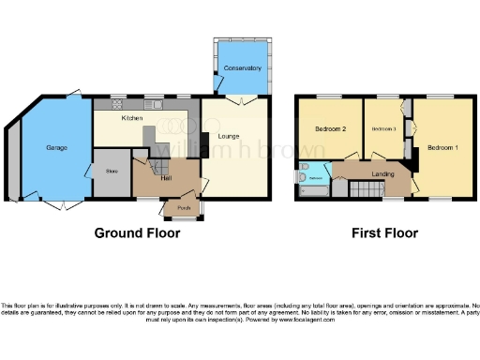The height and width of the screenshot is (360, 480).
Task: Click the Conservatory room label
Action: click(242, 68)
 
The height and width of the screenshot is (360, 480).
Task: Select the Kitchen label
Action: click(131, 119)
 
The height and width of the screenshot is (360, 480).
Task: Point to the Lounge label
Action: click(229, 137)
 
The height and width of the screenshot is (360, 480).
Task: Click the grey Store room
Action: click(112, 172)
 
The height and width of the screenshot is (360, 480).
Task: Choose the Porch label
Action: click(184, 207)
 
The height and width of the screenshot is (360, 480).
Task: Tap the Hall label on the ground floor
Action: click(166, 177)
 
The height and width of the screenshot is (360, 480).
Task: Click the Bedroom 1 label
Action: click(442, 148)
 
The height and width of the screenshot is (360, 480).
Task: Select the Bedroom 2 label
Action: click(331, 128)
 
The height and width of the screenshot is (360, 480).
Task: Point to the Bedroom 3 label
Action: click(382, 128)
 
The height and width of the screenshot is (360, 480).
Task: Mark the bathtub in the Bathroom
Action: click(312, 191)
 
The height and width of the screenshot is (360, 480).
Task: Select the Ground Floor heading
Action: click(137, 233)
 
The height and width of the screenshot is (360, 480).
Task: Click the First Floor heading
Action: click(384, 233)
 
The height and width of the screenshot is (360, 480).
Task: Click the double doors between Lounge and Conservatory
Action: click(236, 98)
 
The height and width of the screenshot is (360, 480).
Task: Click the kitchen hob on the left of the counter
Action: click(118, 104)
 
